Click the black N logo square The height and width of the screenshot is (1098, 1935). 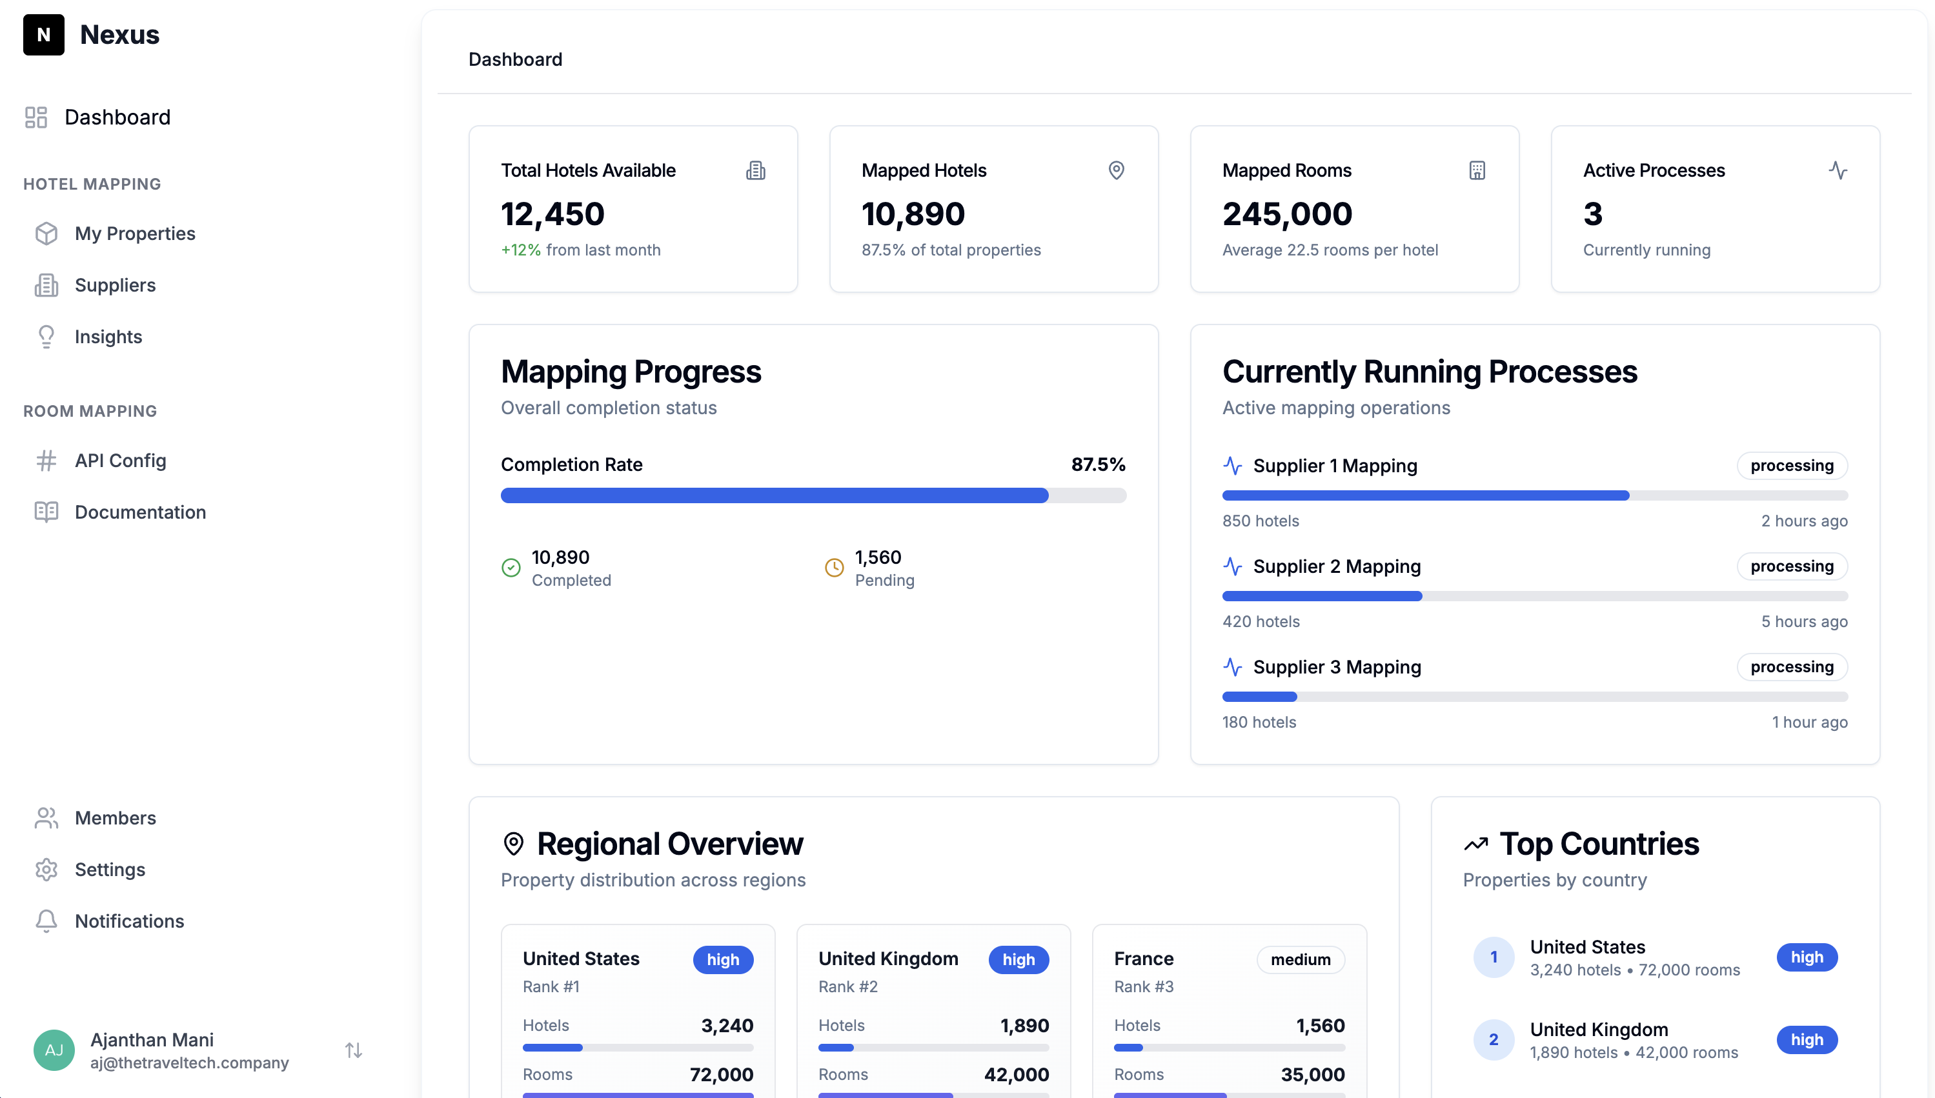point(43,35)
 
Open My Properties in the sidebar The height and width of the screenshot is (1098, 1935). point(134,234)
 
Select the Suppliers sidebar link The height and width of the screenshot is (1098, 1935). point(115,285)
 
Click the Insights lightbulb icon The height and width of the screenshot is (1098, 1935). point(46,336)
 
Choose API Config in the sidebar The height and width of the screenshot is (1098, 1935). point(120,460)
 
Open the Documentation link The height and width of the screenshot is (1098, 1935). point(139,512)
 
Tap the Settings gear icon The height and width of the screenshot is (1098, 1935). point(46,870)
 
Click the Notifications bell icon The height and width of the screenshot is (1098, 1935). point(46,921)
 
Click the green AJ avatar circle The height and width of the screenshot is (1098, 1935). point(54,1050)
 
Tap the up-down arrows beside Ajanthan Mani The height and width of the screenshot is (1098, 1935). point(353,1050)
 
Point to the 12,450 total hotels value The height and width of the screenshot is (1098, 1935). point(552,214)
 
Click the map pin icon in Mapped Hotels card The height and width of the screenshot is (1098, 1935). point(1116,170)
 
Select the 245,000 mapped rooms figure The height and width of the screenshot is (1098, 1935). point(1287,214)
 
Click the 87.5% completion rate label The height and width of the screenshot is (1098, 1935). point(1098,464)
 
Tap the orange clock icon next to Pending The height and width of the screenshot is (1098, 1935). point(834,567)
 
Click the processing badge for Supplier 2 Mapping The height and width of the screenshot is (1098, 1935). point(1791,566)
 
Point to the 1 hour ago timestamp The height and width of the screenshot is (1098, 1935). point(1809,722)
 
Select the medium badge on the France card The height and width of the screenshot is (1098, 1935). point(1300,959)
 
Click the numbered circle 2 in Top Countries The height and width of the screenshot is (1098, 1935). point(1493,1039)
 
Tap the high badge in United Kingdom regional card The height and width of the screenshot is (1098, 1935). point(1018,959)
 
